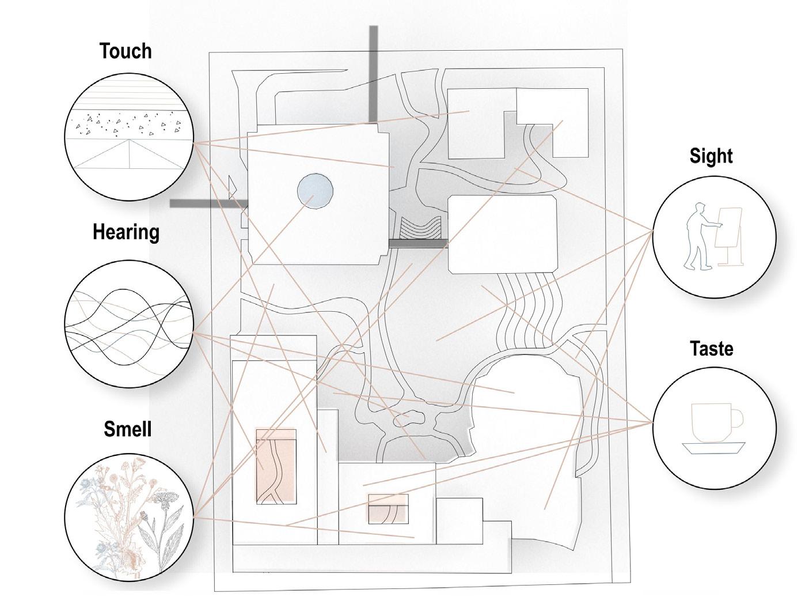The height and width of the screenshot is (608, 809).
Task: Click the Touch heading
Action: pyautogui.click(x=126, y=51)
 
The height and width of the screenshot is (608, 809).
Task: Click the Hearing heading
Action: pyautogui.click(x=126, y=232)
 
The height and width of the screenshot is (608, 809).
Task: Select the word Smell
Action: pyautogui.click(x=127, y=429)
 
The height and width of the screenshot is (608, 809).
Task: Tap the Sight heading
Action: pyautogui.click(x=711, y=156)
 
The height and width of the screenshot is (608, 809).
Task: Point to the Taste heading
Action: pyautogui.click(x=712, y=349)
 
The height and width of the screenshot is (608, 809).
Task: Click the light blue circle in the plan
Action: pyautogui.click(x=315, y=191)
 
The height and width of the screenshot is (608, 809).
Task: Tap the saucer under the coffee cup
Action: pyautogui.click(x=713, y=448)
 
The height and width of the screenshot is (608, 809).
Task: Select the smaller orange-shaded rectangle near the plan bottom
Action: pyautogui.click(x=388, y=508)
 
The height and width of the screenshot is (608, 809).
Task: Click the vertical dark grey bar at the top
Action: pyautogui.click(x=374, y=72)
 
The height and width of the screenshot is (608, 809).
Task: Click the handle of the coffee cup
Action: pyautogui.click(x=737, y=418)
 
